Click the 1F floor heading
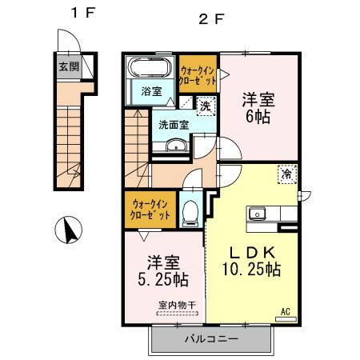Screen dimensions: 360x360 [83, 13]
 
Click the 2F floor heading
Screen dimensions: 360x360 [210, 19]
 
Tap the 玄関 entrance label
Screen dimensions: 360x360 [69, 66]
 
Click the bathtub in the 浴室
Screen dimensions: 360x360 [150, 67]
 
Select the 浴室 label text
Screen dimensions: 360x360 [151, 91]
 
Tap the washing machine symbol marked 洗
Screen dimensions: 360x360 [206, 106]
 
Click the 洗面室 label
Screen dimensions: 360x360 [174, 125]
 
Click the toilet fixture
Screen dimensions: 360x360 [190, 212]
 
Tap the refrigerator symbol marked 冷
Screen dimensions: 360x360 [287, 174]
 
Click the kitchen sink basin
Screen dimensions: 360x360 [257, 214]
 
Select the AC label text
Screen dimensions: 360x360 [286, 311]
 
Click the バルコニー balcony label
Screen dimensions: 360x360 [211, 339]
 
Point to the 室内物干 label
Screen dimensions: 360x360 [178, 305]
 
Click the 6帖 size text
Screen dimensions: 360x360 [258, 117]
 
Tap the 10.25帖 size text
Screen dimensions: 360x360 [252, 269]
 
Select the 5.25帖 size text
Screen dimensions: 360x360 [163, 279]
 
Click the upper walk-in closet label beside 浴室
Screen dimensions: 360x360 [198, 75]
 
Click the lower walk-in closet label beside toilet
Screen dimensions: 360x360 [150, 210]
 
